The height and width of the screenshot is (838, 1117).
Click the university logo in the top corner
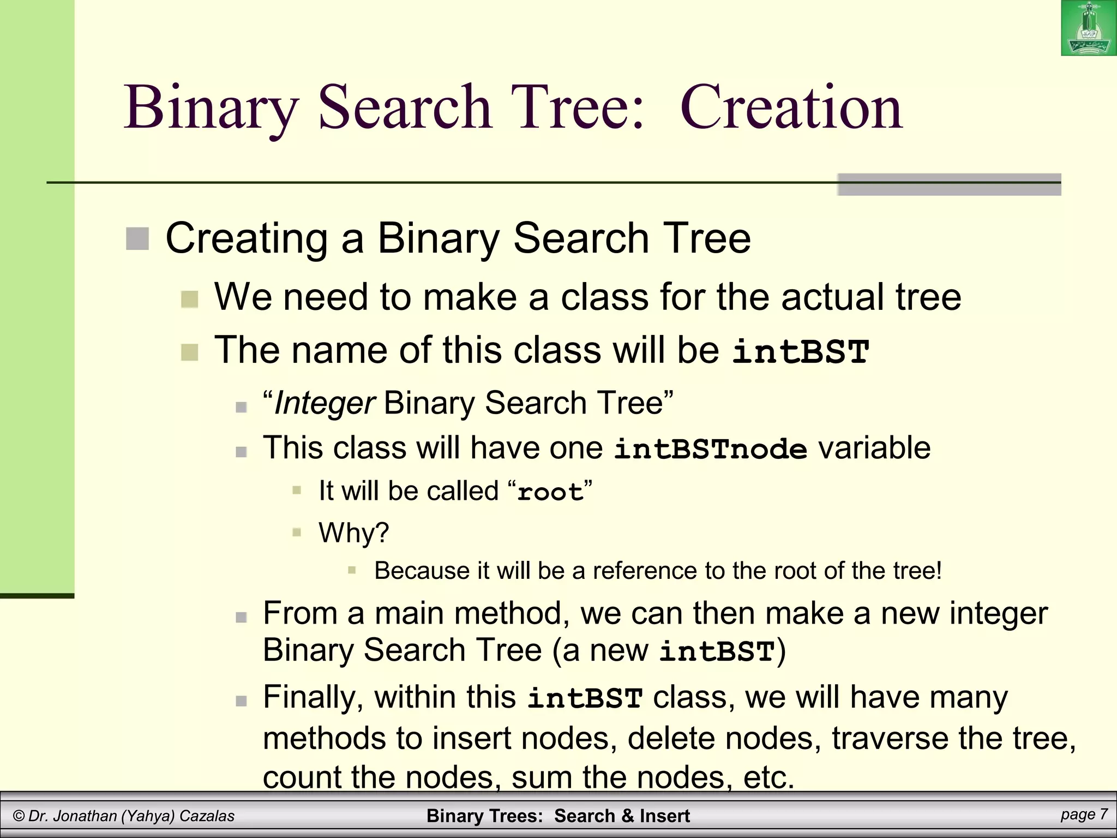(x=1088, y=28)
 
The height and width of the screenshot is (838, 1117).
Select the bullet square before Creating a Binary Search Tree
(x=137, y=239)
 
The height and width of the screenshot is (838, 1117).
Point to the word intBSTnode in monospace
(x=710, y=450)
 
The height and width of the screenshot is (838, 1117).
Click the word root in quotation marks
(x=550, y=492)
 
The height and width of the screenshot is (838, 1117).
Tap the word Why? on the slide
(x=353, y=532)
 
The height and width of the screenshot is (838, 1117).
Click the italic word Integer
(x=324, y=403)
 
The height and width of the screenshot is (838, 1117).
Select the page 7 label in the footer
(x=1084, y=815)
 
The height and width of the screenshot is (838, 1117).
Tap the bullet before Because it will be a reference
(x=352, y=571)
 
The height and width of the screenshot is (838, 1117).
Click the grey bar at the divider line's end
(x=949, y=185)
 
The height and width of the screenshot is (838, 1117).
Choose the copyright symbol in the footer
(x=19, y=816)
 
